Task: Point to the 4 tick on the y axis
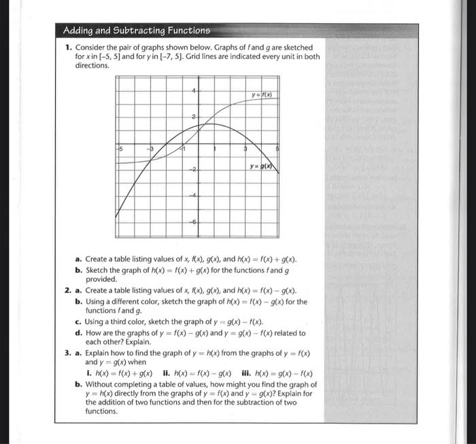(194, 91)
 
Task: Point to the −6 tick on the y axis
(193, 222)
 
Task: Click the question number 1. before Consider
(69, 48)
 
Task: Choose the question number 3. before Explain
(69, 353)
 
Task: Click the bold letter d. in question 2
(79, 333)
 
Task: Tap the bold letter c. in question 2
(79, 322)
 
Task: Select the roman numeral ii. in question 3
(165, 373)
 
